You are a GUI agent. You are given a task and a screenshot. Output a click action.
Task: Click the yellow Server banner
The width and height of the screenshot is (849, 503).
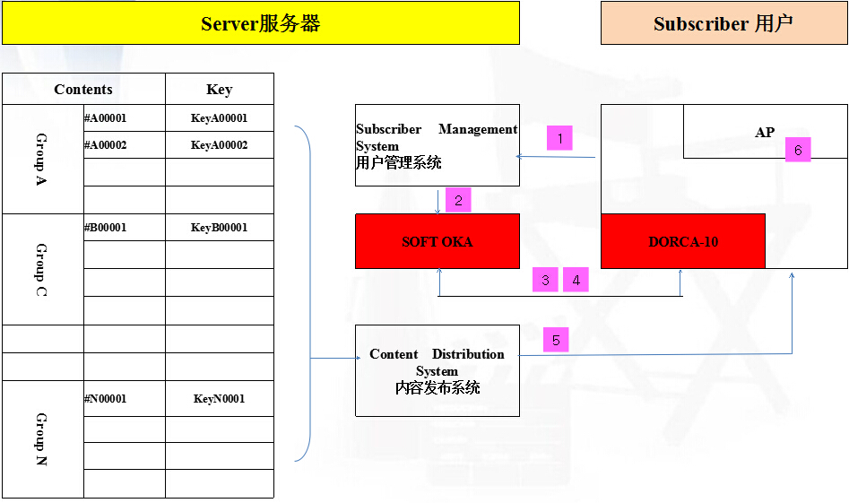260,23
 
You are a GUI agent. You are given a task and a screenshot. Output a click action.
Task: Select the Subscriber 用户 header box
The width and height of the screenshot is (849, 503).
723,23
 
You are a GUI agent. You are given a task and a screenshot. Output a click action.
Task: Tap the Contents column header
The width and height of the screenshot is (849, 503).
83,89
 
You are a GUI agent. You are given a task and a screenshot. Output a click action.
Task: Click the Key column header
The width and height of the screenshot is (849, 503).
219,89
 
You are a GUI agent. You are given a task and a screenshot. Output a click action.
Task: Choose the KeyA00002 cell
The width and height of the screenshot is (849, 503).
219,145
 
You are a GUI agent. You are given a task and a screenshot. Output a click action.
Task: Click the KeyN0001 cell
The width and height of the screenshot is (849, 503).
219,399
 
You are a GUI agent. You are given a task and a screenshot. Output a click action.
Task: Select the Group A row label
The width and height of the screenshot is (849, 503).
42,159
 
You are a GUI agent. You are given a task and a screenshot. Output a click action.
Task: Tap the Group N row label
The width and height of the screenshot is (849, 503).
42,439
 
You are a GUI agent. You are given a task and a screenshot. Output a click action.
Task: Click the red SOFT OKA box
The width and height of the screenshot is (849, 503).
437,241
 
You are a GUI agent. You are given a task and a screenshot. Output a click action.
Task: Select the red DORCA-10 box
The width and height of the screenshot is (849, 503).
683,241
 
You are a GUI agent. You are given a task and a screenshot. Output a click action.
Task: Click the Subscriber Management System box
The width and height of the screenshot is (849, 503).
437,145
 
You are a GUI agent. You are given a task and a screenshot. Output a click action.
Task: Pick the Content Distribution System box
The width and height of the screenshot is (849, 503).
437,370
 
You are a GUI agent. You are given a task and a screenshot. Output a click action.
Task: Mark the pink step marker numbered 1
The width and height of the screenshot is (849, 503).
559,138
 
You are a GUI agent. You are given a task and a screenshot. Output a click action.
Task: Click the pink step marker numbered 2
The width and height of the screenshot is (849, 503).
458,200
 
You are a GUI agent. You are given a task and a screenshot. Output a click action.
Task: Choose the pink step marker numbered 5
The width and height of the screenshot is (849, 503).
556,340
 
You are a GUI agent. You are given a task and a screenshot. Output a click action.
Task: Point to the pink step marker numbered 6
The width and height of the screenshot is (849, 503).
798,150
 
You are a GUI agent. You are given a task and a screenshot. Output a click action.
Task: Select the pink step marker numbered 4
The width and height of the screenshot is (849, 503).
576,280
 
